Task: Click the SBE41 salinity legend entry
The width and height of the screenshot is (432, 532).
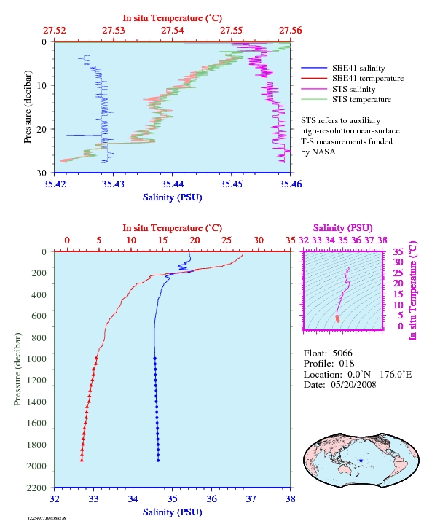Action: click(x=343, y=69)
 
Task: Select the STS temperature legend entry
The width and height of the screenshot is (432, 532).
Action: click(x=346, y=99)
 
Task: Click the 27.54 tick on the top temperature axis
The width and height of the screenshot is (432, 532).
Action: click(x=172, y=31)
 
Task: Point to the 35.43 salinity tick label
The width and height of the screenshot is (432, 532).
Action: click(x=113, y=184)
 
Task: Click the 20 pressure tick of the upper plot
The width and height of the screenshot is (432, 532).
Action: click(x=42, y=129)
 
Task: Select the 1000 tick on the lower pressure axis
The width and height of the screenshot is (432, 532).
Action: click(x=36, y=359)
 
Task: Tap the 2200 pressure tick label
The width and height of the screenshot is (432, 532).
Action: click(x=36, y=488)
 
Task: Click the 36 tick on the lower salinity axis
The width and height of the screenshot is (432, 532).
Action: click(x=211, y=499)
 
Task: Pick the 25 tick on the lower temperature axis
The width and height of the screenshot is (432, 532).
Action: click(x=227, y=240)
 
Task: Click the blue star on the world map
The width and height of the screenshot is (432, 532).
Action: click(x=361, y=461)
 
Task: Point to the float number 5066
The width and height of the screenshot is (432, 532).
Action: click(x=342, y=353)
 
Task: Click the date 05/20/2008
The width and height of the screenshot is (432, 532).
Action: click(x=353, y=384)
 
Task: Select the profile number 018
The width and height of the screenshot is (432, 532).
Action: click(x=347, y=364)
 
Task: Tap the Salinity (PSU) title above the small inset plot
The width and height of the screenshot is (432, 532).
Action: click(x=343, y=228)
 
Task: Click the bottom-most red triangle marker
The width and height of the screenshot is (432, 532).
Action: click(x=82, y=460)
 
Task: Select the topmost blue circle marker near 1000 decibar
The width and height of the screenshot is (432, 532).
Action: click(x=154, y=359)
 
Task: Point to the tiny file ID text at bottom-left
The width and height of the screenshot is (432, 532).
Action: click(x=47, y=518)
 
